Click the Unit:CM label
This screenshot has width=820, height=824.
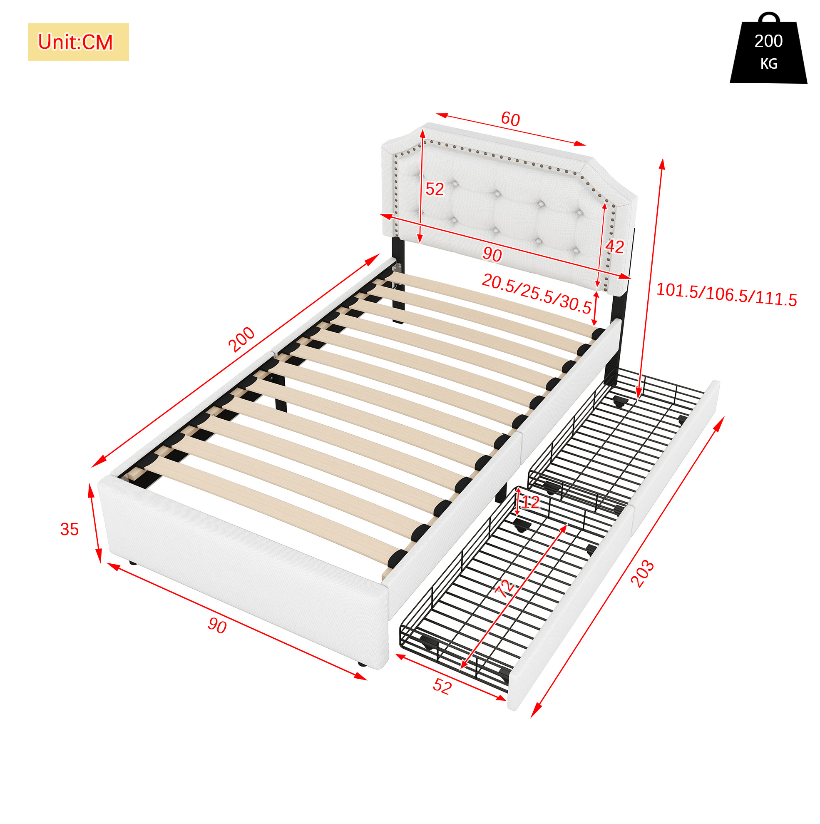tap(75, 42)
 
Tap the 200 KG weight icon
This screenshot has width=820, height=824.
tap(768, 48)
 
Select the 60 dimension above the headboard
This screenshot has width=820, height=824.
tap(510, 119)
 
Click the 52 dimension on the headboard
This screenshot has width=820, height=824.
tap(435, 189)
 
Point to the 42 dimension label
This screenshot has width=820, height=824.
tap(614, 246)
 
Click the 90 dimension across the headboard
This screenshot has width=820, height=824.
tap(492, 255)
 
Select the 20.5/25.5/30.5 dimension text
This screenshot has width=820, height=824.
tap(537, 294)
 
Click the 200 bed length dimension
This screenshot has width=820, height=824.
tap(242, 339)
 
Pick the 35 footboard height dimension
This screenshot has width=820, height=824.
tap(70, 529)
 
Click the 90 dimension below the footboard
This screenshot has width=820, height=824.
tap(217, 626)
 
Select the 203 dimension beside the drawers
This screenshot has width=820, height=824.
tap(642, 574)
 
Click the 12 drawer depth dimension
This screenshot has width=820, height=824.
tap(530, 503)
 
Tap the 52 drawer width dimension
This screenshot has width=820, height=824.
tap(442, 686)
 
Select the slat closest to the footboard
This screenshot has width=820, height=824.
tap(273, 508)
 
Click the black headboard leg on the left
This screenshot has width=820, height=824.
tap(398, 279)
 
